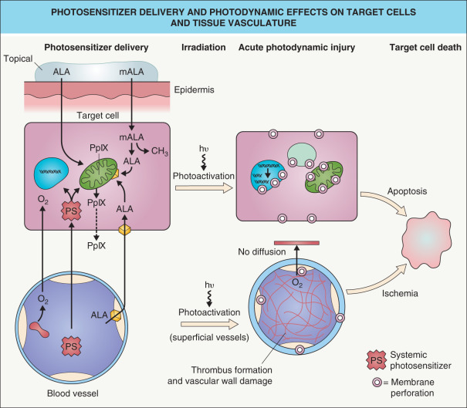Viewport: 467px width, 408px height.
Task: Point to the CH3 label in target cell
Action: (164, 150)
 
